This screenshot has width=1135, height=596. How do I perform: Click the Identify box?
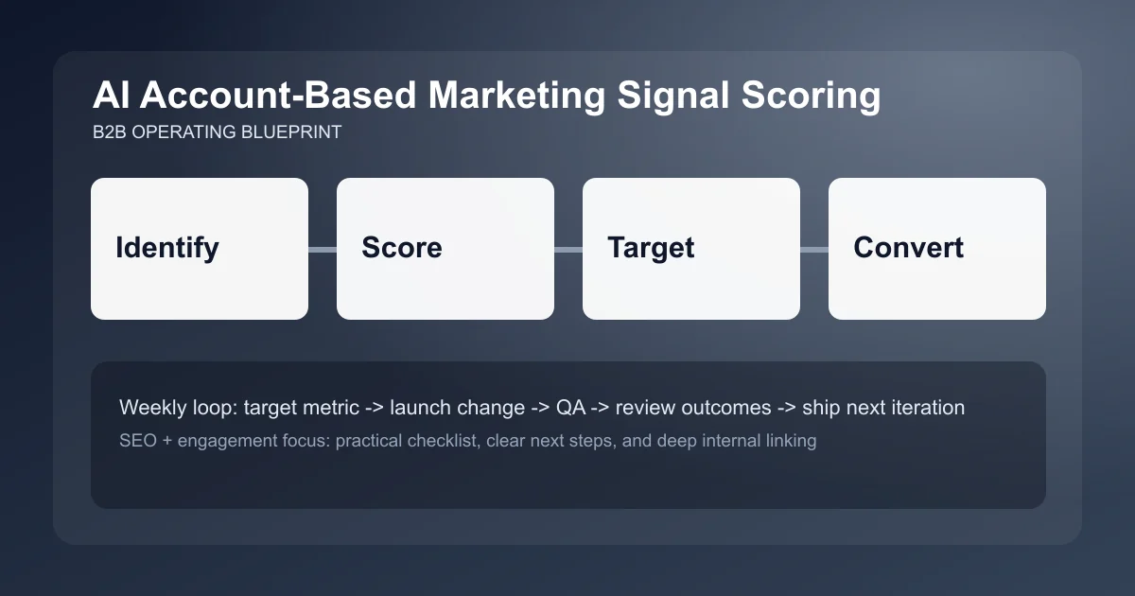click(x=200, y=249)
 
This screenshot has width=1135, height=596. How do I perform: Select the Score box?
click(x=445, y=249)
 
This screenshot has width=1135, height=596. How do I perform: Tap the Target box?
click(x=691, y=249)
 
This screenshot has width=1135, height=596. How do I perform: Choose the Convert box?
click(x=937, y=249)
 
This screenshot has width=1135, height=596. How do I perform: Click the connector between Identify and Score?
click(x=323, y=249)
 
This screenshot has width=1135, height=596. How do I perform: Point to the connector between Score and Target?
click(x=568, y=249)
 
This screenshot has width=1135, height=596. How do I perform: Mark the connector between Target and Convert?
click(x=814, y=249)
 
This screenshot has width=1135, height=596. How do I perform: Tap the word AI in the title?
click(x=112, y=97)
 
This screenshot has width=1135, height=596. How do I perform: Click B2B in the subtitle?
click(x=110, y=132)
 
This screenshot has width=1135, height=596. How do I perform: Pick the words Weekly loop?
click(x=177, y=408)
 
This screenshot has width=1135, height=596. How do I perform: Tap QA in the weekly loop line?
click(x=570, y=408)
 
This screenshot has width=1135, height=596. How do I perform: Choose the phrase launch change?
click(x=457, y=408)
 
